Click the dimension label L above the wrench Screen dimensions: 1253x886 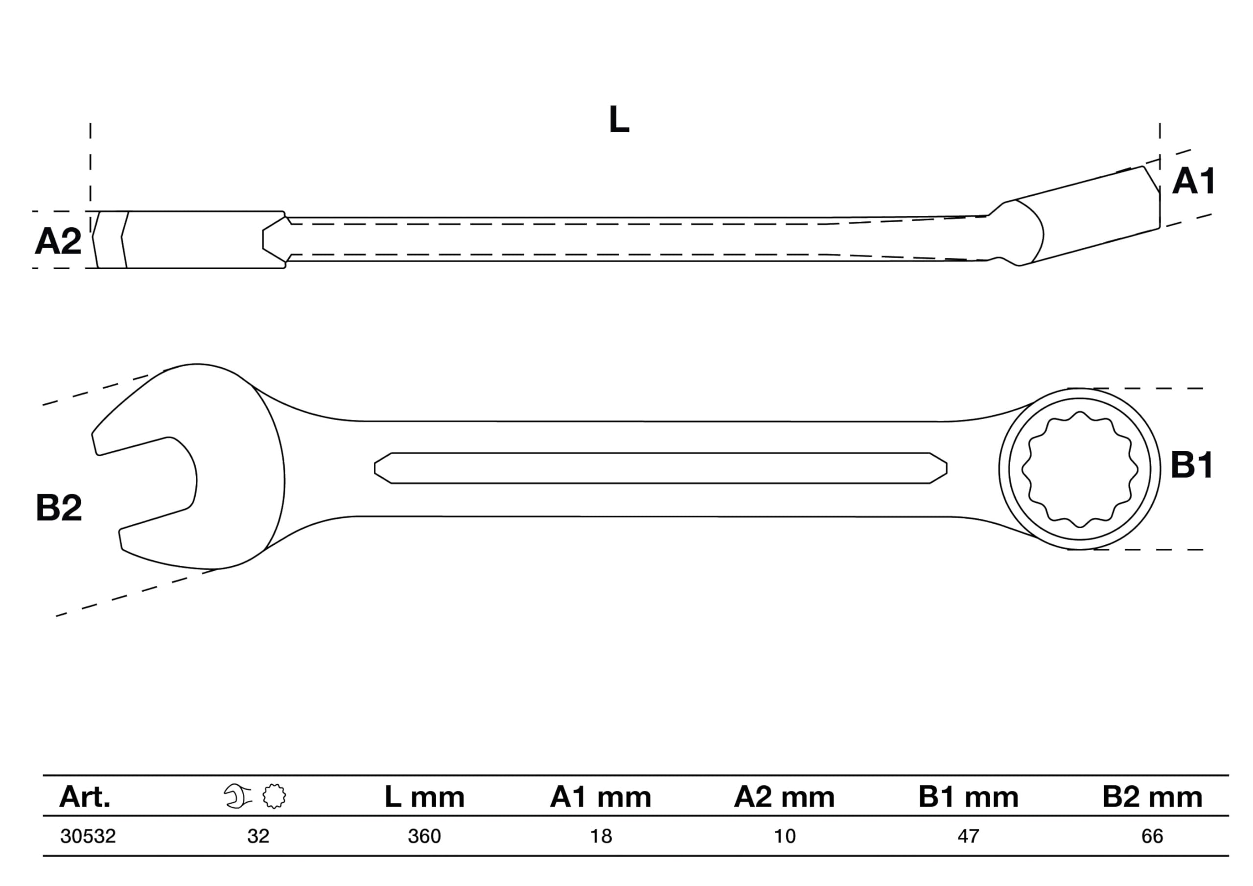click(x=619, y=119)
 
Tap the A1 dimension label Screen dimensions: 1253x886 click(x=1193, y=181)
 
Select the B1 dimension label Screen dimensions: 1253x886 click(x=1192, y=465)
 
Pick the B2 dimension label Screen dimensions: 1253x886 click(x=58, y=508)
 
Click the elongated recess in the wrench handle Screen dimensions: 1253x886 click(x=661, y=468)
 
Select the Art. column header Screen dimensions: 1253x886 click(x=85, y=797)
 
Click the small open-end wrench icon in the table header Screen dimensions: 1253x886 click(x=237, y=796)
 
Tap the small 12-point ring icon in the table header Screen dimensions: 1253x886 click(x=274, y=796)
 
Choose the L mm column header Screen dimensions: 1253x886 click(x=424, y=797)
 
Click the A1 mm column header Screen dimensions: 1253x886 click(x=600, y=797)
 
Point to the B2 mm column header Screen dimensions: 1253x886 click(x=1152, y=797)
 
